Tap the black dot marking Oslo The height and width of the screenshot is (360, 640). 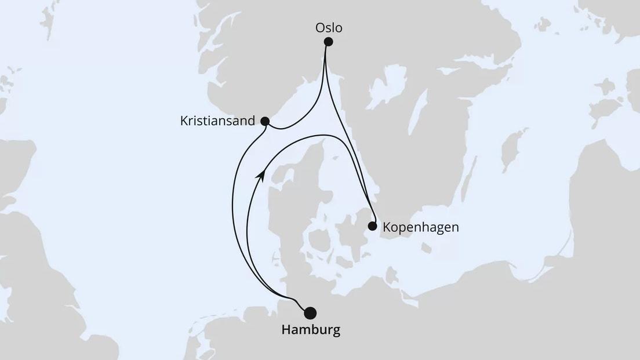tap(328, 42)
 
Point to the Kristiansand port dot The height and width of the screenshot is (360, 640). tap(265, 121)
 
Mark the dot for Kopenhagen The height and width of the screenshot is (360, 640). tap(372, 226)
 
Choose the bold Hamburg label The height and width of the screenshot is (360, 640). tap(311, 330)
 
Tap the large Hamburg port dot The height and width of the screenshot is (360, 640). tap(311, 313)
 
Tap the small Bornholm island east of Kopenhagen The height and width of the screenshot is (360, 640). tap(428, 248)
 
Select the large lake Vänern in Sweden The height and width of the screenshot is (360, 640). tap(383, 87)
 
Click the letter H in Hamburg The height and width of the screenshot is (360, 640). tap(286, 330)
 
